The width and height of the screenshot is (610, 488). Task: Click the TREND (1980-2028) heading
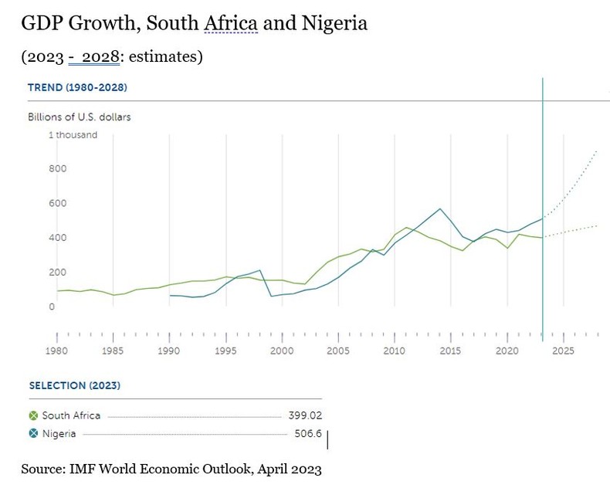click(x=77, y=87)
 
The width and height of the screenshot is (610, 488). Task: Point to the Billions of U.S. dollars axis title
click(x=80, y=117)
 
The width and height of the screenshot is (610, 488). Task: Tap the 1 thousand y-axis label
click(x=73, y=135)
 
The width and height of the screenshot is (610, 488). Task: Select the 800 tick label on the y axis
click(x=58, y=169)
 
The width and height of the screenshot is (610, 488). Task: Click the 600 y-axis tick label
click(x=58, y=204)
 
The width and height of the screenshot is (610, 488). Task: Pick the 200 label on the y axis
click(x=58, y=273)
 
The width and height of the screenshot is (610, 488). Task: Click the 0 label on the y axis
click(x=52, y=307)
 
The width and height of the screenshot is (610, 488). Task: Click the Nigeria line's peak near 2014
click(x=440, y=208)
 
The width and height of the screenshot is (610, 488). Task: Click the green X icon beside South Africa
click(x=33, y=415)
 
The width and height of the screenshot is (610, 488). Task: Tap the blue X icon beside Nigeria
click(x=33, y=434)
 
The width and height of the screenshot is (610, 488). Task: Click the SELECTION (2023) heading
click(x=74, y=385)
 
